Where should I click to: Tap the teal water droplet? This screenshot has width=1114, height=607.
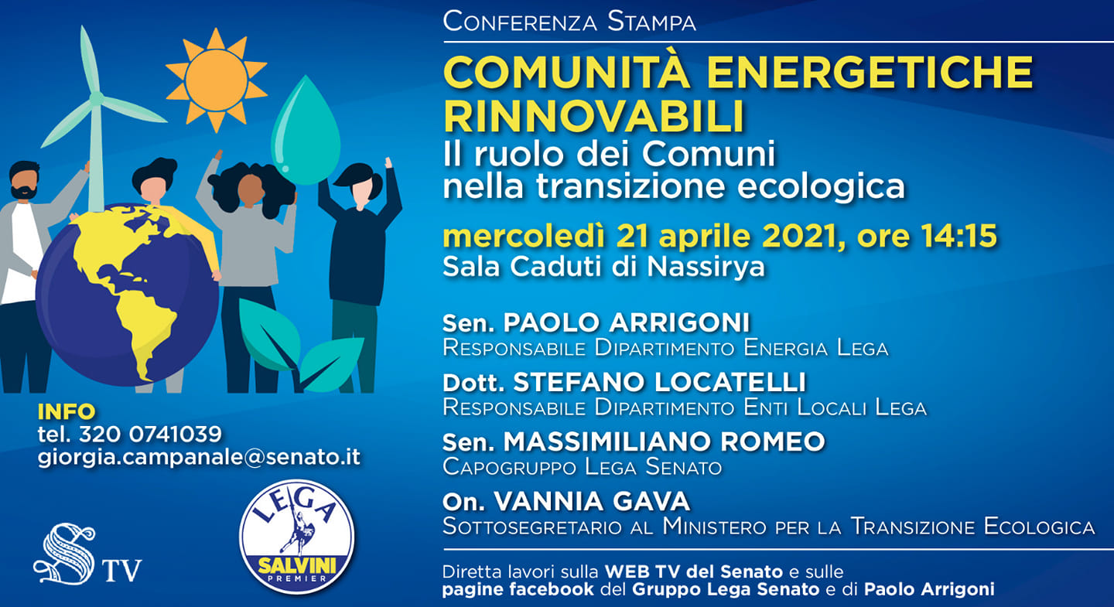pyautogui.click(x=306, y=135)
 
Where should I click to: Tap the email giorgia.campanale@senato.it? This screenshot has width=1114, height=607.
pyautogui.click(x=199, y=457)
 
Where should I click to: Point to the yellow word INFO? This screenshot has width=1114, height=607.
pyautogui.click(x=66, y=411)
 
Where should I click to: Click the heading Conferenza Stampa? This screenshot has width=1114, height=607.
pyautogui.click(x=569, y=21)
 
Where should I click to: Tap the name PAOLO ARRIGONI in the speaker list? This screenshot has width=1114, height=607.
pyautogui.click(x=627, y=322)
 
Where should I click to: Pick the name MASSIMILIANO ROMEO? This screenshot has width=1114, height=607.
pyautogui.click(x=664, y=442)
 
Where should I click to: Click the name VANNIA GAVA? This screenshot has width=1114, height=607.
pyautogui.click(x=591, y=501)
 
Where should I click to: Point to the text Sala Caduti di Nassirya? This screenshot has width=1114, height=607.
pyautogui.click(x=603, y=267)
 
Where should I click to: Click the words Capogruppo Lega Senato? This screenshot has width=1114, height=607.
pyautogui.click(x=582, y=467)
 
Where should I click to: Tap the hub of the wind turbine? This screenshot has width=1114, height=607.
pyautogui.click(x=97, y=98)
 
